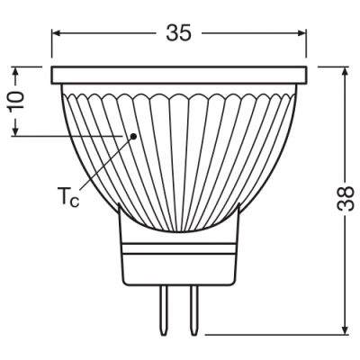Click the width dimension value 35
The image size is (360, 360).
point(180,33)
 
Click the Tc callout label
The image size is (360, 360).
point(68,197)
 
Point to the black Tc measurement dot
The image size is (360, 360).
point(133,137)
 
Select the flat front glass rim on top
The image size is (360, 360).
point(179,76)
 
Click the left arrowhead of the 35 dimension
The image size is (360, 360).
point(57,33)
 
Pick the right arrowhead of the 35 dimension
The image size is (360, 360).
point(303,33)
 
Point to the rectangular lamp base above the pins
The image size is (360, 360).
point(179,265)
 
